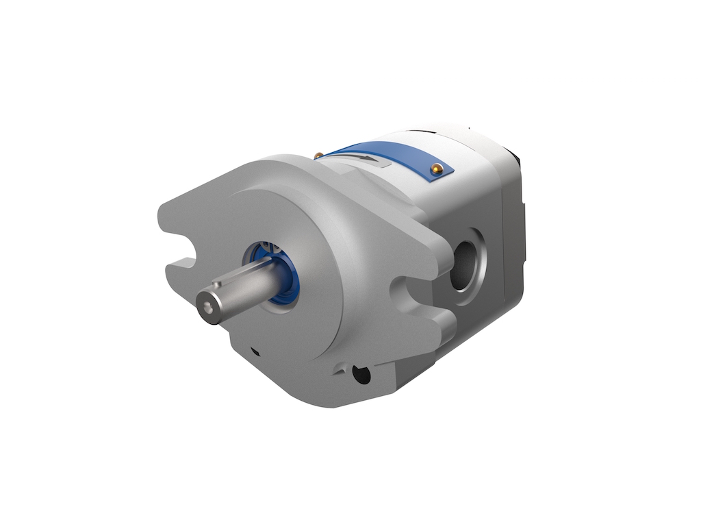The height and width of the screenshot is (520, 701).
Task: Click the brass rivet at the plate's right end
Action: [435, 168]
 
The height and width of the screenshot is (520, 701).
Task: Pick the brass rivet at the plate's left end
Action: [318, 156]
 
